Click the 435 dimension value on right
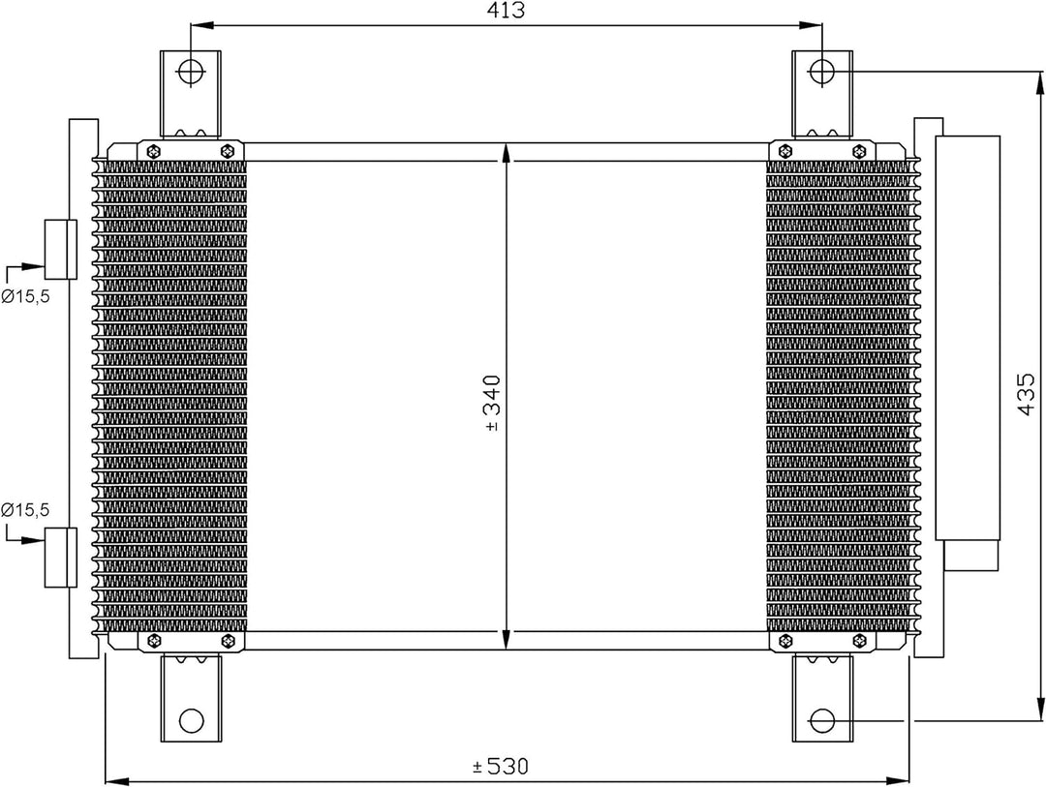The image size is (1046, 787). coord(1029,394)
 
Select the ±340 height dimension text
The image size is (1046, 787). coord(492,402)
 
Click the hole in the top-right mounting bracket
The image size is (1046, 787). coord(822,71)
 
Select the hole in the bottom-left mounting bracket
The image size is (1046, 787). coord(192,720)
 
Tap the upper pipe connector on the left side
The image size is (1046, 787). coord(59,248)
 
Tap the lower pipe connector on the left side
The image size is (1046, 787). coord(59,557)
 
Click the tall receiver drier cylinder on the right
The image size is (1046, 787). coord(967,336)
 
